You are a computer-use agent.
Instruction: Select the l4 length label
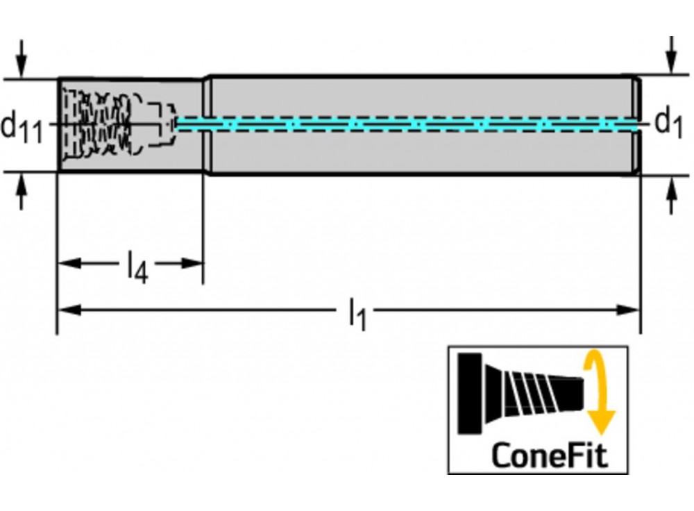click(137, 267)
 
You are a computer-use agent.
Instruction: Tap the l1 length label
click(357, 313)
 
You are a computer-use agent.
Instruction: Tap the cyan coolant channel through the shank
click(416, 124)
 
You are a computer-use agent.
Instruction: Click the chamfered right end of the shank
click(636, 125)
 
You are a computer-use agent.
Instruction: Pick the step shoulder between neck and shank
click(206, 125)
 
